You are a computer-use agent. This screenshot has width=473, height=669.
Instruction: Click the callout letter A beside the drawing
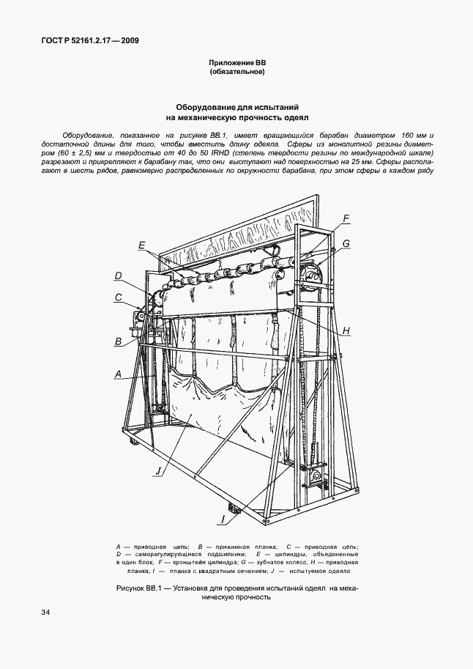point(117,374)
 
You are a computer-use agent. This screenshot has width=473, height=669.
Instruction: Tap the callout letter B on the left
point(117,341)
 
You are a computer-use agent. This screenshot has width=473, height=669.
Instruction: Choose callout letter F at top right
point(346,218)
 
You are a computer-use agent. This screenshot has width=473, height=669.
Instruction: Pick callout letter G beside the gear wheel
point(346,243)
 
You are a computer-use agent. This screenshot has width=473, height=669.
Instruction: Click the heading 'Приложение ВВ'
point(236,64)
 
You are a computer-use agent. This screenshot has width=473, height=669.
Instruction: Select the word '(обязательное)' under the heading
point(236,73)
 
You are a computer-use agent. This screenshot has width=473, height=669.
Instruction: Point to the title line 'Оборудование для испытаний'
point(237,106)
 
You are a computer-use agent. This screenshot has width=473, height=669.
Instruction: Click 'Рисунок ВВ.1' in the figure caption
point(141,588)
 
